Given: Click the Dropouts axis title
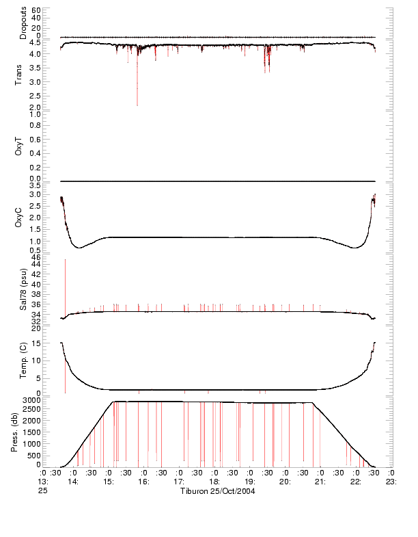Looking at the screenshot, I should pos(23,23).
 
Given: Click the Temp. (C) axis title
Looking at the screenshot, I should pos(23,362).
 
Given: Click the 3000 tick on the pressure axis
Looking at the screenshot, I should pos(31,399).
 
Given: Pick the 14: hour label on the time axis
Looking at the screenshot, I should pos(73,482).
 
